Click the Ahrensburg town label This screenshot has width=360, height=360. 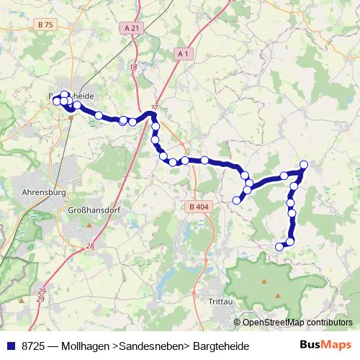(44, 193)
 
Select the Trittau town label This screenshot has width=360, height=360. (217, 301)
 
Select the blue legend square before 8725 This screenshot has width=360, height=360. (9, 346)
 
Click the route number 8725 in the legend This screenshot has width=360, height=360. (34, 346)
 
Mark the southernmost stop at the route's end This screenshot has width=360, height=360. (280, 247)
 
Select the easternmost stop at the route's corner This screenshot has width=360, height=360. (304, 165)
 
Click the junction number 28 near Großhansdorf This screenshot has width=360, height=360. (90, 246)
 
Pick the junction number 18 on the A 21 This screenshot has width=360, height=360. (134, 67)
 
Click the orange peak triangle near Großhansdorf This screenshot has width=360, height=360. (89, 226)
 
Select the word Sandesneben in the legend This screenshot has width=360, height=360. (150, 346)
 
